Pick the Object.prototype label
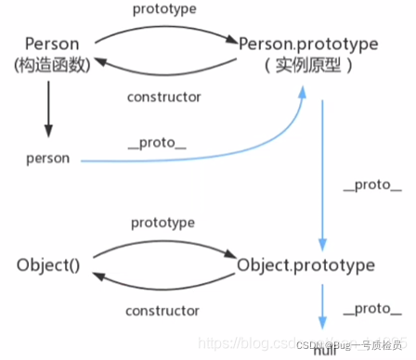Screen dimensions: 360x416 [305, 265]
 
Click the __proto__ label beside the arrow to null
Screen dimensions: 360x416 [367, 307]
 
